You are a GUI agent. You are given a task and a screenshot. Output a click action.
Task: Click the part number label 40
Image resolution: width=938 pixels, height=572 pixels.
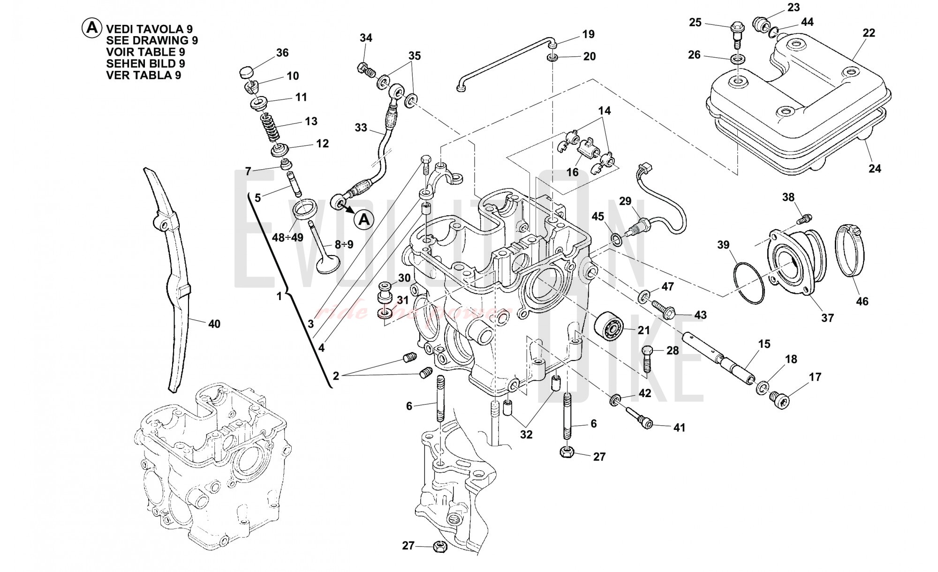click(x=214, y=324)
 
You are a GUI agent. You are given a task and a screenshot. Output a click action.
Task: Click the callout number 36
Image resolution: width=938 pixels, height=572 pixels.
click(x=282, y=53)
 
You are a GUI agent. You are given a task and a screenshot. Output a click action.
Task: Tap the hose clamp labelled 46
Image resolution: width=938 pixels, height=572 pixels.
click(x=851, y=250)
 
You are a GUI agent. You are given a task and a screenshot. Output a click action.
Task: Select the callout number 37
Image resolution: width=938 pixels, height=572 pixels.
click(x=827, y=318)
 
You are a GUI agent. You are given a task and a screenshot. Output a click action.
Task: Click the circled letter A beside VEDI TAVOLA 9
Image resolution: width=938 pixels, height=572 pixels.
click(x=91, y=28)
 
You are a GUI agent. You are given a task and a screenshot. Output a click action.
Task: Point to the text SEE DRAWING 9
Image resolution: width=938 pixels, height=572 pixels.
click(x=152, y=40)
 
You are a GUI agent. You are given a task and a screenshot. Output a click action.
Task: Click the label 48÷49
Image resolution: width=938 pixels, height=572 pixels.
click(x=287, y=238)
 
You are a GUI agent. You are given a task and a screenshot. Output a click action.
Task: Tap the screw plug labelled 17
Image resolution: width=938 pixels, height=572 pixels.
click(x=780, y=399)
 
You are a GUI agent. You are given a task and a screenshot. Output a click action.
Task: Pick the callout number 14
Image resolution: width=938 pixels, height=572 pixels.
click(x=605, y=111)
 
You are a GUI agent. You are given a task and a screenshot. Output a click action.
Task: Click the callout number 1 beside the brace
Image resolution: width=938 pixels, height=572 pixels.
click(x=279, y=296)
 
